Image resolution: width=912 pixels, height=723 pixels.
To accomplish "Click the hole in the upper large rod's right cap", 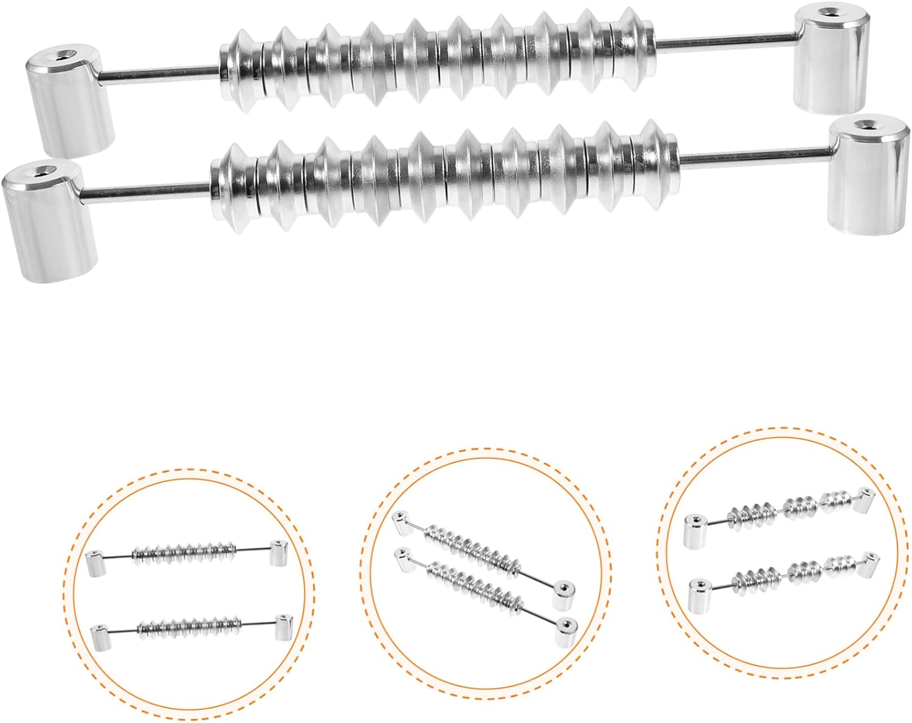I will pos(827,12).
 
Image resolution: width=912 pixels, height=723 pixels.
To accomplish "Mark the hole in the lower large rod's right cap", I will pos(870,125).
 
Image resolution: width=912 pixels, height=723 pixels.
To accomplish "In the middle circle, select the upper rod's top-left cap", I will pos(399,519).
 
